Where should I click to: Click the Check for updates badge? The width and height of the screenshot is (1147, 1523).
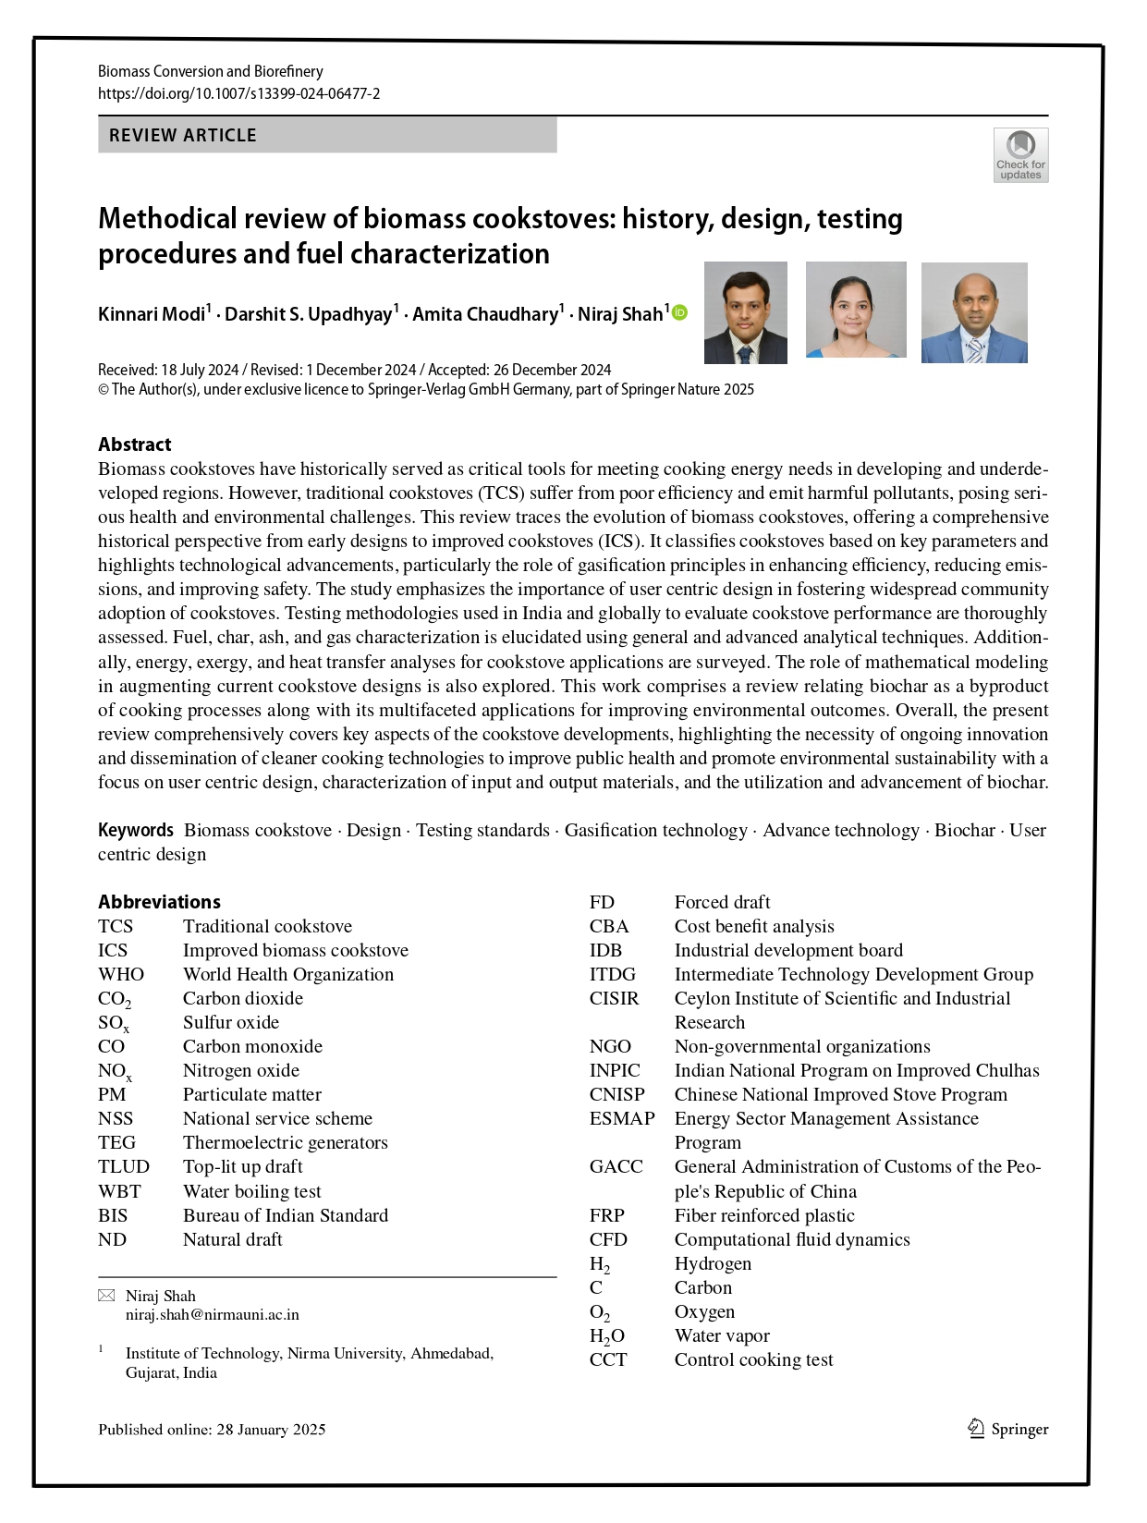[1020, 155]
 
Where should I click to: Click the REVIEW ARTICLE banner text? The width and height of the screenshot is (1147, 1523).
[183, 135]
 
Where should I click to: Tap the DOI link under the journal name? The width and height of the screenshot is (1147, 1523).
[238, 93]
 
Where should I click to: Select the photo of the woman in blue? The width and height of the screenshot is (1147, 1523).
[856, 310]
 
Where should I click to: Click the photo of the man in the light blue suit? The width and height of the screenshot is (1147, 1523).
[974, 312]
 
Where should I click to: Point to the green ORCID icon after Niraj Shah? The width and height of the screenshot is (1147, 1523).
[679, 313]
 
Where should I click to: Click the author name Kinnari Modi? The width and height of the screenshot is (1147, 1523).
[152, 314]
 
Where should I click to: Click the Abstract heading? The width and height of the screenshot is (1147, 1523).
[135, 445]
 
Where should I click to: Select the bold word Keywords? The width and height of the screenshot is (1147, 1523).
[135, 830]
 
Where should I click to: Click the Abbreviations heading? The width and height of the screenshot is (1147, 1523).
[159, 902]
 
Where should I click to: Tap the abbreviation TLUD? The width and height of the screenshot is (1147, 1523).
[123, 1166]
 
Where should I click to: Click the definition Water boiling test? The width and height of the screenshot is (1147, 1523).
[251, 1191]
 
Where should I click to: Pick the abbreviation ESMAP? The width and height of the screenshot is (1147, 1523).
[621, 1118]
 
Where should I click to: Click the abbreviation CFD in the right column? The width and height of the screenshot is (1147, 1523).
[607, 1239]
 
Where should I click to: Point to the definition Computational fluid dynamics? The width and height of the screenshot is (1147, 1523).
[791, 1239]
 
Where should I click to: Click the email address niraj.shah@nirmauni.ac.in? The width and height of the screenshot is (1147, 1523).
[212, 1314]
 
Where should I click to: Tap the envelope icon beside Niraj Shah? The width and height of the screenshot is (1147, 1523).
[106, 1296]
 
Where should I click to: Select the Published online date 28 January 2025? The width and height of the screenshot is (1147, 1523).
[271, 1429]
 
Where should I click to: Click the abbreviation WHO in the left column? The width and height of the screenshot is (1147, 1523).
[121, 974]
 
